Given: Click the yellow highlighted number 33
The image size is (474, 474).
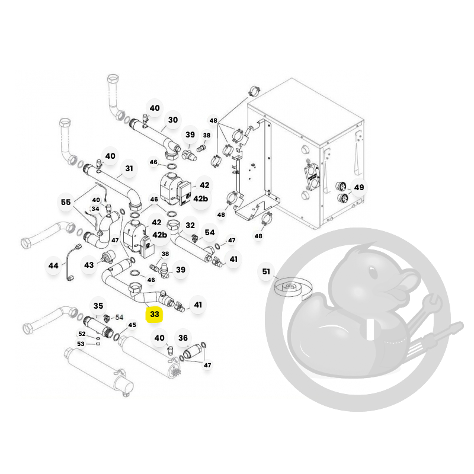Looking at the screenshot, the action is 155,314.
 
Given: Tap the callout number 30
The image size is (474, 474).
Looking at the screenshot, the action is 173,120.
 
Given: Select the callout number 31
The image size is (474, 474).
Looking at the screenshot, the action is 129,168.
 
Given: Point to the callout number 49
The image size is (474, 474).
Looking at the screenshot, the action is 359,187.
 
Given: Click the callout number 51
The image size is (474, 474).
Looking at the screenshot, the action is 266,271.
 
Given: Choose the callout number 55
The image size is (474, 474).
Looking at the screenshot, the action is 66,202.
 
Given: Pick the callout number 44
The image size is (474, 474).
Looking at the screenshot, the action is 53,265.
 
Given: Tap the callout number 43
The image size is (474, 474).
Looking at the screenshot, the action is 89,265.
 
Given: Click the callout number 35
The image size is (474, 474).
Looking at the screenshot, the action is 98,306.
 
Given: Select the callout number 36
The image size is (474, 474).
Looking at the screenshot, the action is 183,338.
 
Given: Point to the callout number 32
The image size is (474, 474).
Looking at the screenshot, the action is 190,225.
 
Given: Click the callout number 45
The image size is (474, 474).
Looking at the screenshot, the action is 132,325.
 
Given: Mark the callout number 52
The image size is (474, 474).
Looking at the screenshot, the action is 82,334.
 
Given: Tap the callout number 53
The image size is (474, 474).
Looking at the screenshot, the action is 81,344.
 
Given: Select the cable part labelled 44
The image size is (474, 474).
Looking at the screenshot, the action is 73,262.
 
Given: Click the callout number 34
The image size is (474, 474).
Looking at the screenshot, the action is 95,209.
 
